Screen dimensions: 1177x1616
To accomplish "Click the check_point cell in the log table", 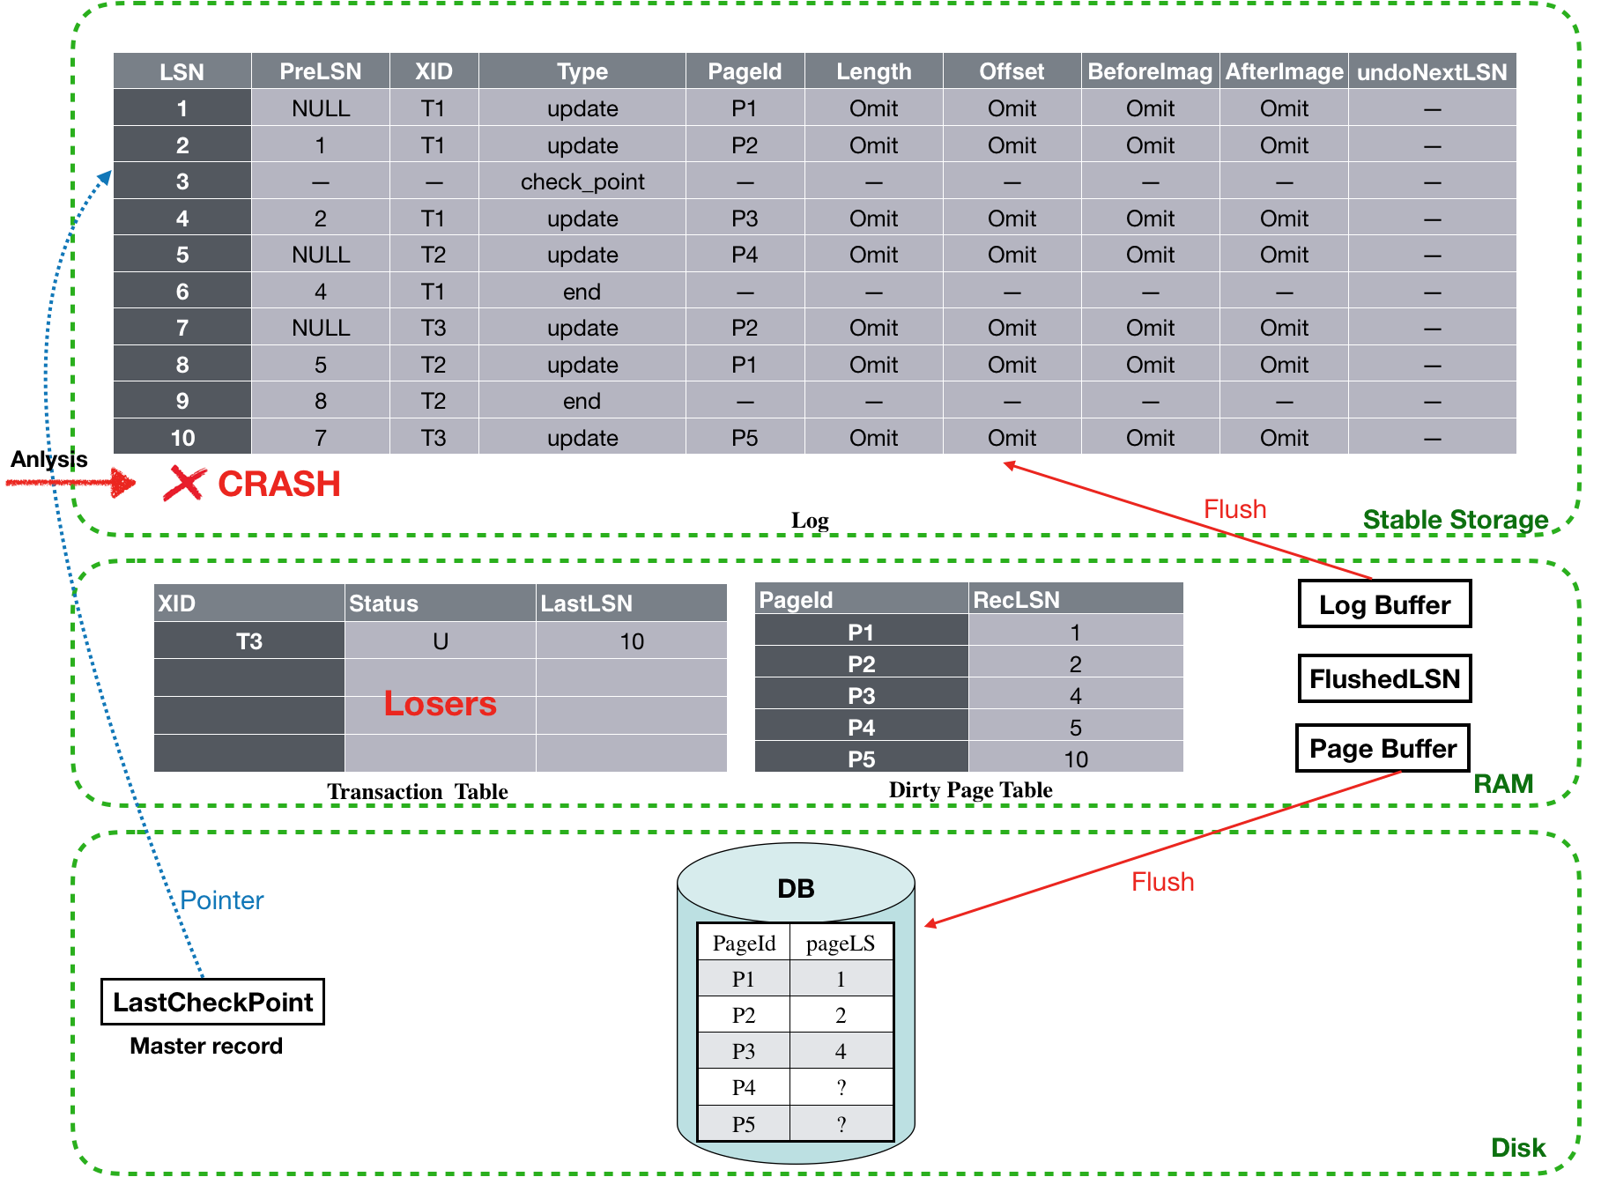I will pos(582,181).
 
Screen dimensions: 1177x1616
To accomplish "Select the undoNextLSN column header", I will pos(1432,72).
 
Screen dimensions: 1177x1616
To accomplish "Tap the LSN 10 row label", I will pos(182,438).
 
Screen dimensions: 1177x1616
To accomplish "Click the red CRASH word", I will pos(279,484).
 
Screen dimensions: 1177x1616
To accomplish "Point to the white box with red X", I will pos(185,483).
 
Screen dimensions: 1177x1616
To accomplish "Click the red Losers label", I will pos(440,704).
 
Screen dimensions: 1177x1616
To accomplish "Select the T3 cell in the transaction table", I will pos(248,641).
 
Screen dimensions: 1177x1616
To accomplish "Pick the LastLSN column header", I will pos(587,603).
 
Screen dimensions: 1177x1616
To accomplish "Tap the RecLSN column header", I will pos(1016,600).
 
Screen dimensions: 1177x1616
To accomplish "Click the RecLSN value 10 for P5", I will pos(1075,759).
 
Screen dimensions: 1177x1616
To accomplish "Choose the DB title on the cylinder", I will pos(796,888).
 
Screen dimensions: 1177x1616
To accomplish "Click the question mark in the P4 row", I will pos(841,1088).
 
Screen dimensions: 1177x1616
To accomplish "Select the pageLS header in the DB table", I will pos(841,944).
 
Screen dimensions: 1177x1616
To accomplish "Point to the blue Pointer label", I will pos(222,900).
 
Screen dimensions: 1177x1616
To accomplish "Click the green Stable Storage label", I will pos(1455,520).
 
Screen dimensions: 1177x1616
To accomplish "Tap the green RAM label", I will pos(1503,783).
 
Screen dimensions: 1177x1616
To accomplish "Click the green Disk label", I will pos(1518,1147).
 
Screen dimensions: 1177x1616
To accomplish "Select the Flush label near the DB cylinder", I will pos(1163,882).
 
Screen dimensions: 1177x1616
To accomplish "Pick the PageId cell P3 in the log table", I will pos(745,218).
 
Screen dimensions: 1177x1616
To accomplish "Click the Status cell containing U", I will pos(441,641).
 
